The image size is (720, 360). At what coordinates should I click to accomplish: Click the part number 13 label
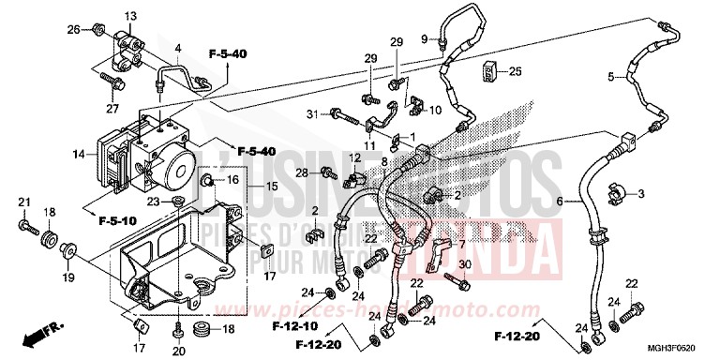click(x=129, y=16)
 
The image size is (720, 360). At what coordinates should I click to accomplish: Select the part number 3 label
click(x=641, y=194)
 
